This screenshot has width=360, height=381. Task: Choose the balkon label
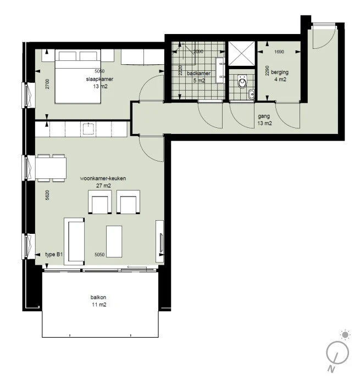point(99,298)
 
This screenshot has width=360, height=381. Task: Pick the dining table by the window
point(51,167)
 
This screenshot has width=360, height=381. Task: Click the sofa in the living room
point(75,240)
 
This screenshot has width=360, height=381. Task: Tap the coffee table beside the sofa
point(114,241)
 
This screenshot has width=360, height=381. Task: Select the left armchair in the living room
point(99,202)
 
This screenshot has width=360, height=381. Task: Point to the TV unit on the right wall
point(160,237)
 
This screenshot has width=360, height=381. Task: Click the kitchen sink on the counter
point(88,129)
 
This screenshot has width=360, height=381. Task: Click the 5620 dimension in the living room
point(48,195)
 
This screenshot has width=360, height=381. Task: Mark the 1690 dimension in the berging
point(279,53)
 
